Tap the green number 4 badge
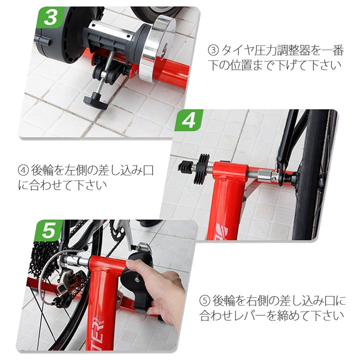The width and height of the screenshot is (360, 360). coord(188,120)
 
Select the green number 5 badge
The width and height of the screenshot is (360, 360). coord(48,230)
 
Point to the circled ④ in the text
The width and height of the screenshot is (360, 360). coord(23,170)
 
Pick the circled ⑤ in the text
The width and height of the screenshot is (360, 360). coord(205,301)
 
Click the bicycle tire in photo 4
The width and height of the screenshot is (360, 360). coord(310,174)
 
